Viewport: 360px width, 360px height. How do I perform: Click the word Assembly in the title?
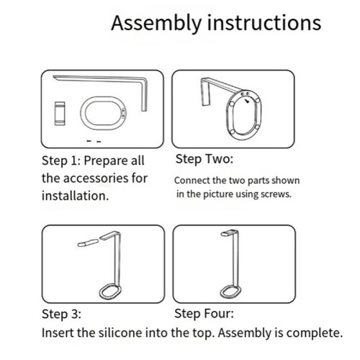click(x=156, y=23)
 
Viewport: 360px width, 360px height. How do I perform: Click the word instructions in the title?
click(x=264, y=22)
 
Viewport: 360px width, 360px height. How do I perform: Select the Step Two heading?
click(x=204, y=159)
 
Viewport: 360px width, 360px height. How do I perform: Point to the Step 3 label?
click(x=61, y=314)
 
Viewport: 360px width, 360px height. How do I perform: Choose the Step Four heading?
click(x=204, y=313)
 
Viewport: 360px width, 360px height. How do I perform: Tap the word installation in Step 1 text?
click(x=75, y=196)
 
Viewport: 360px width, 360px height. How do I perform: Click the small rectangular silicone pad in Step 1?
click(x=60, y=114)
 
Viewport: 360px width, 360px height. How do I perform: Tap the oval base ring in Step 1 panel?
click(x=82, y=113)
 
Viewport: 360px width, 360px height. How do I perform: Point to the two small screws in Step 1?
click(x=94, y=141)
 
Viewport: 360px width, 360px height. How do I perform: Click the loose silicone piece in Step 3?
click(x=88, y=243)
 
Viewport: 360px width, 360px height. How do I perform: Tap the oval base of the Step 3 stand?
click(x=101, y=291)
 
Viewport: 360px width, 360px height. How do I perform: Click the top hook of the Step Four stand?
click(x=229, y=233)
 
